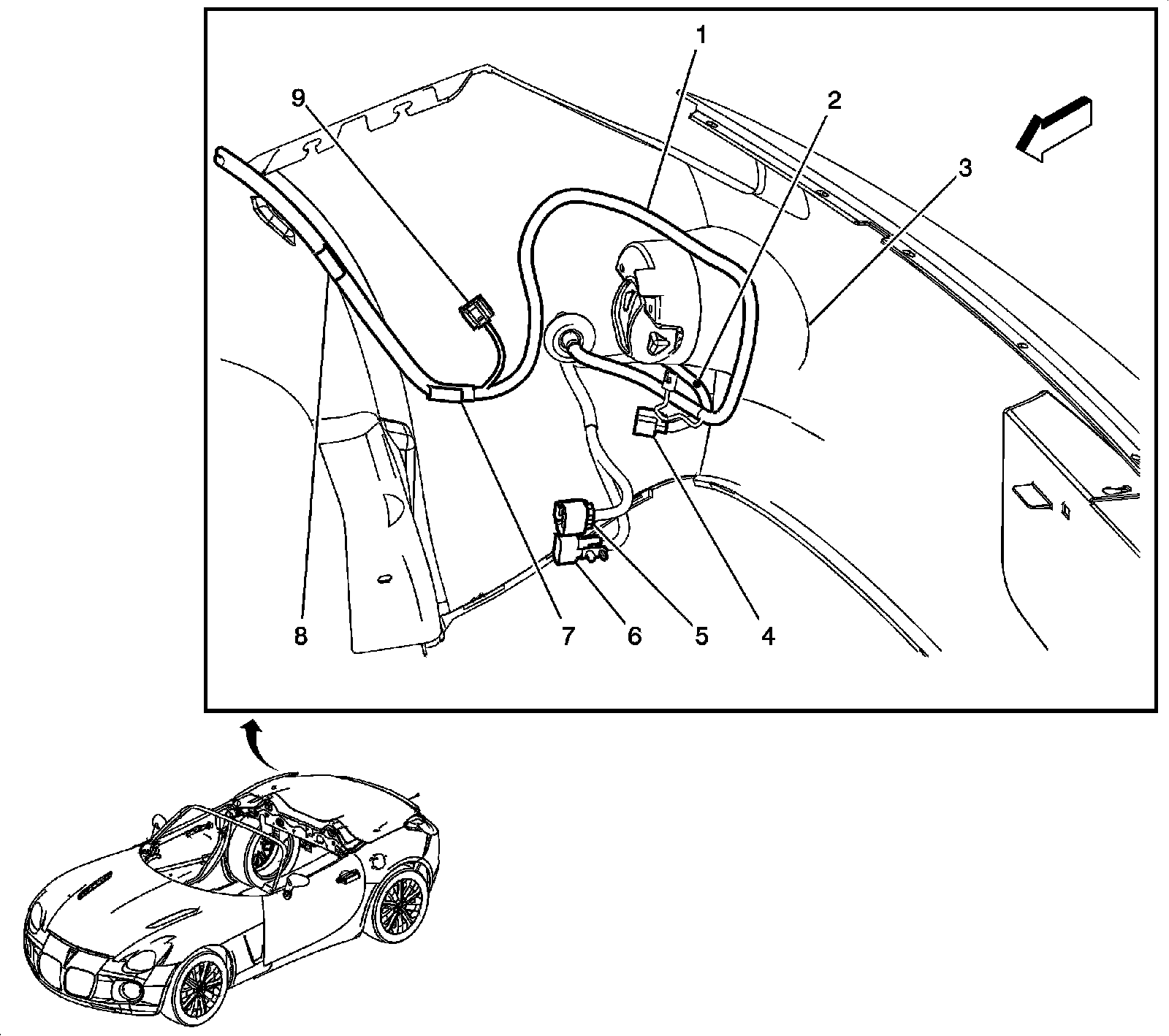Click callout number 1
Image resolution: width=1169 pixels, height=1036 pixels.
tap(699, 35)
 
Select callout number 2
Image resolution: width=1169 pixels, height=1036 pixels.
tap(834, 100)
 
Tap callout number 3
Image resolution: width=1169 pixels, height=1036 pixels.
tap(965, 169)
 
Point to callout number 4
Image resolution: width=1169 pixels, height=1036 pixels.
tap(767, 636)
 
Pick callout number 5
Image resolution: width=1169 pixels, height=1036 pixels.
tap(701, 636)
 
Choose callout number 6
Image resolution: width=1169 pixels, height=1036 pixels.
tap(634, 636)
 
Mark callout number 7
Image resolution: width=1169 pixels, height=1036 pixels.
tap(568, 636)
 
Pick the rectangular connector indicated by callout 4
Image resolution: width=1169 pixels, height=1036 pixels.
tap(647, 423)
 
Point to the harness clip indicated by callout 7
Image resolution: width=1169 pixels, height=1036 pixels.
tap(446, 395)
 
